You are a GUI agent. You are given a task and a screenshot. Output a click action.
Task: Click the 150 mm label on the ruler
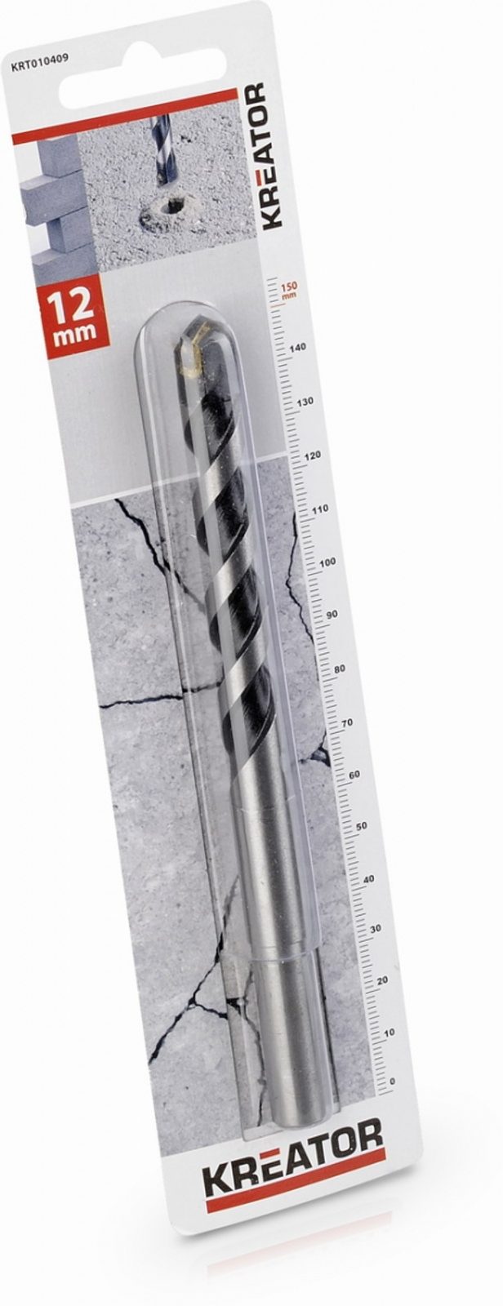(x=289, y=290)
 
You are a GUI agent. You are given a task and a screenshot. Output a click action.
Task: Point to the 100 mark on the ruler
(x=329, y=562)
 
